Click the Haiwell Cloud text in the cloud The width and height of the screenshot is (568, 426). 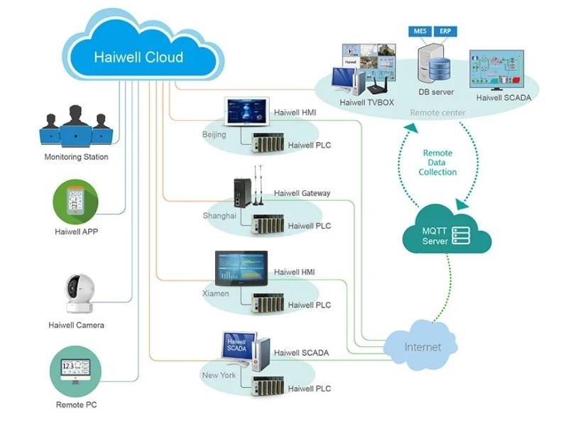[138, 57]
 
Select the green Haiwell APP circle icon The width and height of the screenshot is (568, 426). [75, 201]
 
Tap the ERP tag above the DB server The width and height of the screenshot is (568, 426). [444, 31]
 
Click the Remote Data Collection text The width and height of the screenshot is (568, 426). [437, 163]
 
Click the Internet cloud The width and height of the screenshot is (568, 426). [422, 346]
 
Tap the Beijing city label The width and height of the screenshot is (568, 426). [214, 134]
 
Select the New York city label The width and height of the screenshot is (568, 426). [219, 374]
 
